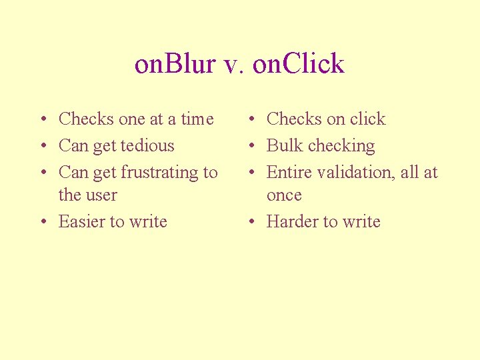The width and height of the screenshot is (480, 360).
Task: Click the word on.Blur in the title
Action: tap(175, 64)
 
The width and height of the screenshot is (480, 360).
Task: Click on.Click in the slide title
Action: tap(300, 64)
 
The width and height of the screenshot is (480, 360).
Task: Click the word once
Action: tap(284, 196)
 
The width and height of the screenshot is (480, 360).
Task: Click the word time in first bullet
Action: tap(197, 119)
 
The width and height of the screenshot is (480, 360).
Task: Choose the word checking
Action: tap(341, 147)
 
